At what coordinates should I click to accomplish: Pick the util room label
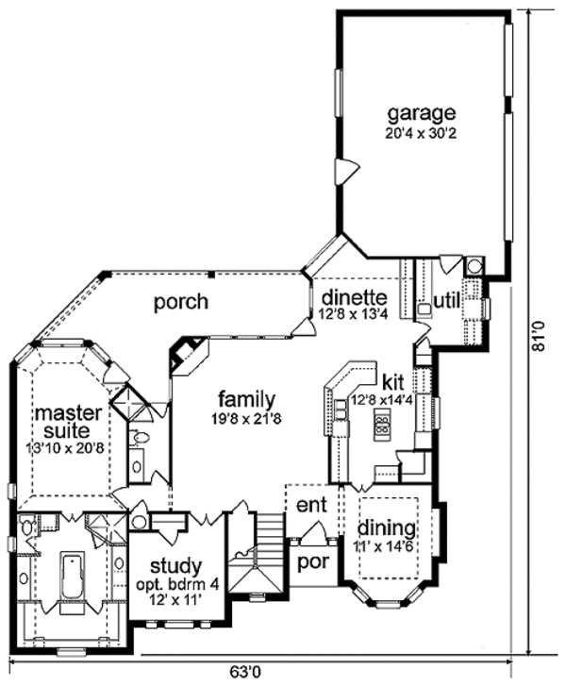coord(444,301)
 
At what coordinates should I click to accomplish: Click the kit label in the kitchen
coord(393,384)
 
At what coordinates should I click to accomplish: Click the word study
coord(175,566)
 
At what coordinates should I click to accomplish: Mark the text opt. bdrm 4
coord(175,585)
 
